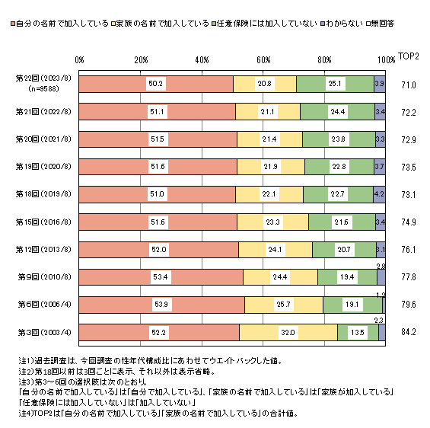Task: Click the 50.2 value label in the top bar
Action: click(155, 84)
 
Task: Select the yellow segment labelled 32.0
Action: click(288, 333)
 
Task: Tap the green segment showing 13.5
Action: click(358, 333)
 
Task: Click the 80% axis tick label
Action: click(324, 60)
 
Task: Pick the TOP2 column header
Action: click(409, 56)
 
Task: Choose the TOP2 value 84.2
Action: click(409, 332)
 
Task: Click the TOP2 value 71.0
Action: click(409, 85)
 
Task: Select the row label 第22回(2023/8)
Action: click(43, 78)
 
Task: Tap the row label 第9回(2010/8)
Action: click(44, 276)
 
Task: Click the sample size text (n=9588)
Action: click(43, 89)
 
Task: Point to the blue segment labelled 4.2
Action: click(379, 194)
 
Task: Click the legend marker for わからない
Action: click(323, 24)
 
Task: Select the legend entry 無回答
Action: click(381, 24)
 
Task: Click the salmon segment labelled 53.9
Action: click(162, 305)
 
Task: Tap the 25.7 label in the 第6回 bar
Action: click(284, 305)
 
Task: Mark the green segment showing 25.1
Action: click(335, 84)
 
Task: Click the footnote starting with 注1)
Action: click(150, 360)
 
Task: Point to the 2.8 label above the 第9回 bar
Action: click(381, 267)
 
